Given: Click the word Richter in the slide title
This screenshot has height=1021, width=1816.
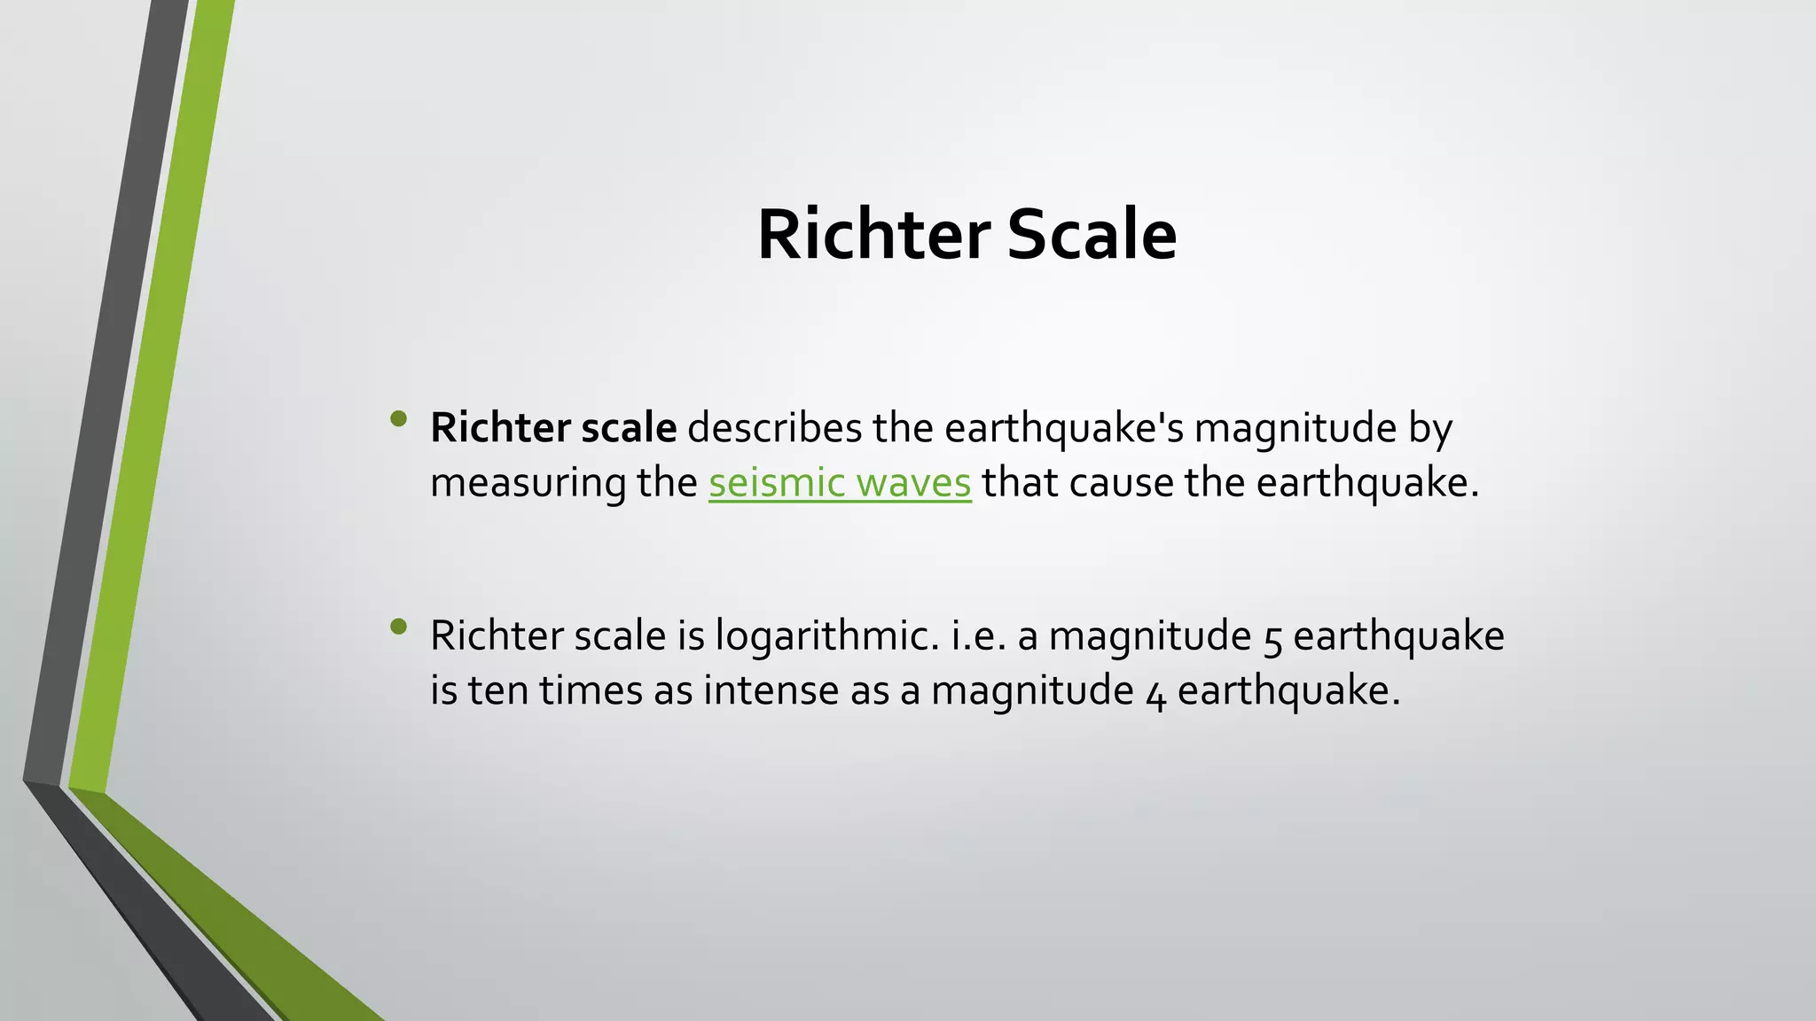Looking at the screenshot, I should (873, 235).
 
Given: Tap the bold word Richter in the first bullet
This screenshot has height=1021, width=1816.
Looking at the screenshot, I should (500, 428).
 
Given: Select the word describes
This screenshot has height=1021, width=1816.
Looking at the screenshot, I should (774, 428).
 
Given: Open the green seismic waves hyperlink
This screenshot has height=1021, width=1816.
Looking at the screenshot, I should (839, 483).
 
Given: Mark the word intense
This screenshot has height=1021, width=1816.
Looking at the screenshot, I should (771, 690).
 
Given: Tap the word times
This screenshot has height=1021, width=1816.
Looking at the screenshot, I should (591, 690).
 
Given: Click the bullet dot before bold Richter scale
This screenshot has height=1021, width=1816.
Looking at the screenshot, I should (398, 418).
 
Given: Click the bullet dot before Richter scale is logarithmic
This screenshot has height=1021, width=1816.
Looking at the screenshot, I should (398, 627).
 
